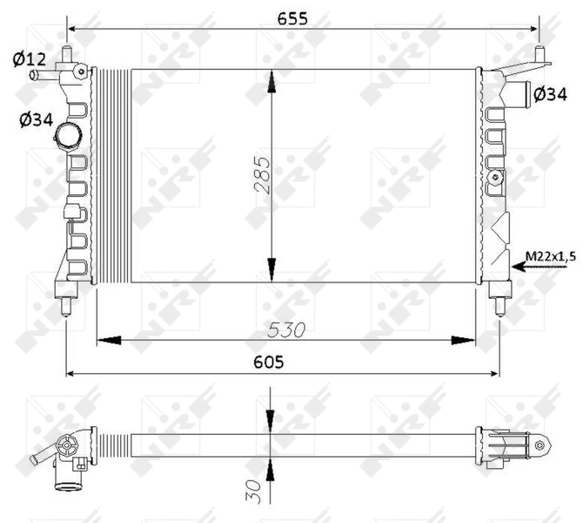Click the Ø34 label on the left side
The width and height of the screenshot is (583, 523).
click(x=33, y=120)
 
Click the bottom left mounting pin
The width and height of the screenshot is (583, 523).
click(x=66, y=305)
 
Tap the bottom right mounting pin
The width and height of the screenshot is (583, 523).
click(x=499, y=305)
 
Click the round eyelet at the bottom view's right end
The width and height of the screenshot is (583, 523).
click(x=539, y=446)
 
